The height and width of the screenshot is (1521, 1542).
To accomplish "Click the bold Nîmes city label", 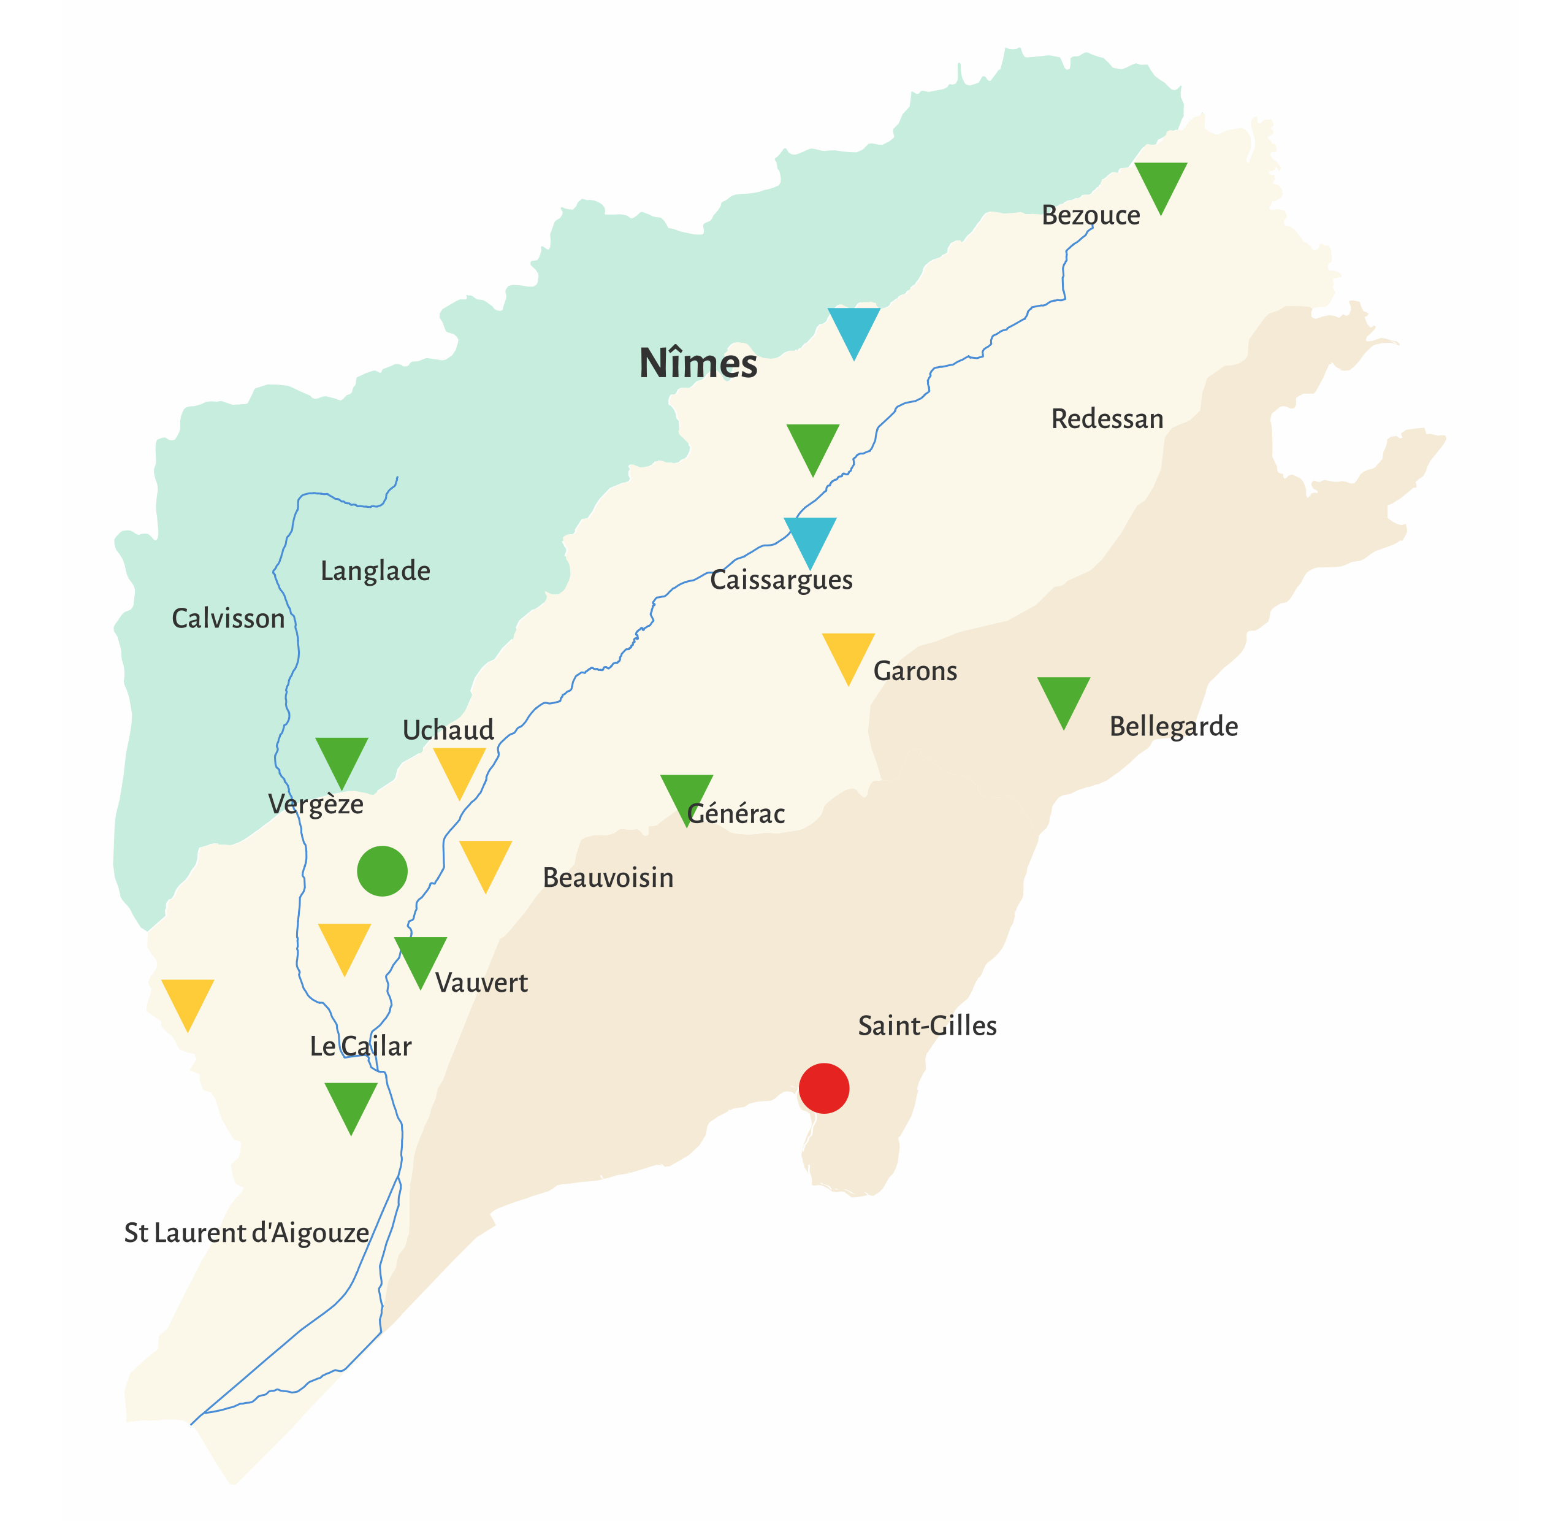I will coord(698,364).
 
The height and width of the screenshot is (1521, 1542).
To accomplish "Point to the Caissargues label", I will coord(781,580).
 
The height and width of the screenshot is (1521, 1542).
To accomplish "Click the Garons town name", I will coord(915,672).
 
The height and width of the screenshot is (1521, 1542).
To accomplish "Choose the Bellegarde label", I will coord(1174,727).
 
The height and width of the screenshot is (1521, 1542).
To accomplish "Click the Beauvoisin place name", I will coord(608,878).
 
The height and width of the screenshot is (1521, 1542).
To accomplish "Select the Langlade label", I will coord(375,571).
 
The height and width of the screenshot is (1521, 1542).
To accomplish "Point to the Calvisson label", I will coord(228,619).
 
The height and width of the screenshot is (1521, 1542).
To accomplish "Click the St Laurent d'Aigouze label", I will coord(246,1233).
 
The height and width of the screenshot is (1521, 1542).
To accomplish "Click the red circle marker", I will coord(823,1088).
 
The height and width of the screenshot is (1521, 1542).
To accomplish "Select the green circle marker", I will coord(383,871).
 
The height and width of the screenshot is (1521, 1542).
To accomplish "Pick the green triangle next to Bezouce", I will coord(1161,183).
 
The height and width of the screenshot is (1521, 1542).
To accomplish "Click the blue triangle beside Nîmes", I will coord(853,328).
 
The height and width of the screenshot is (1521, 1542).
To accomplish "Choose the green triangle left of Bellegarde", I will coord(1063,697).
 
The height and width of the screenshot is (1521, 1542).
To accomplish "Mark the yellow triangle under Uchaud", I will coord(459,768).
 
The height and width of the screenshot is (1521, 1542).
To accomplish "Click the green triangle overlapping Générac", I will coord(687,794).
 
